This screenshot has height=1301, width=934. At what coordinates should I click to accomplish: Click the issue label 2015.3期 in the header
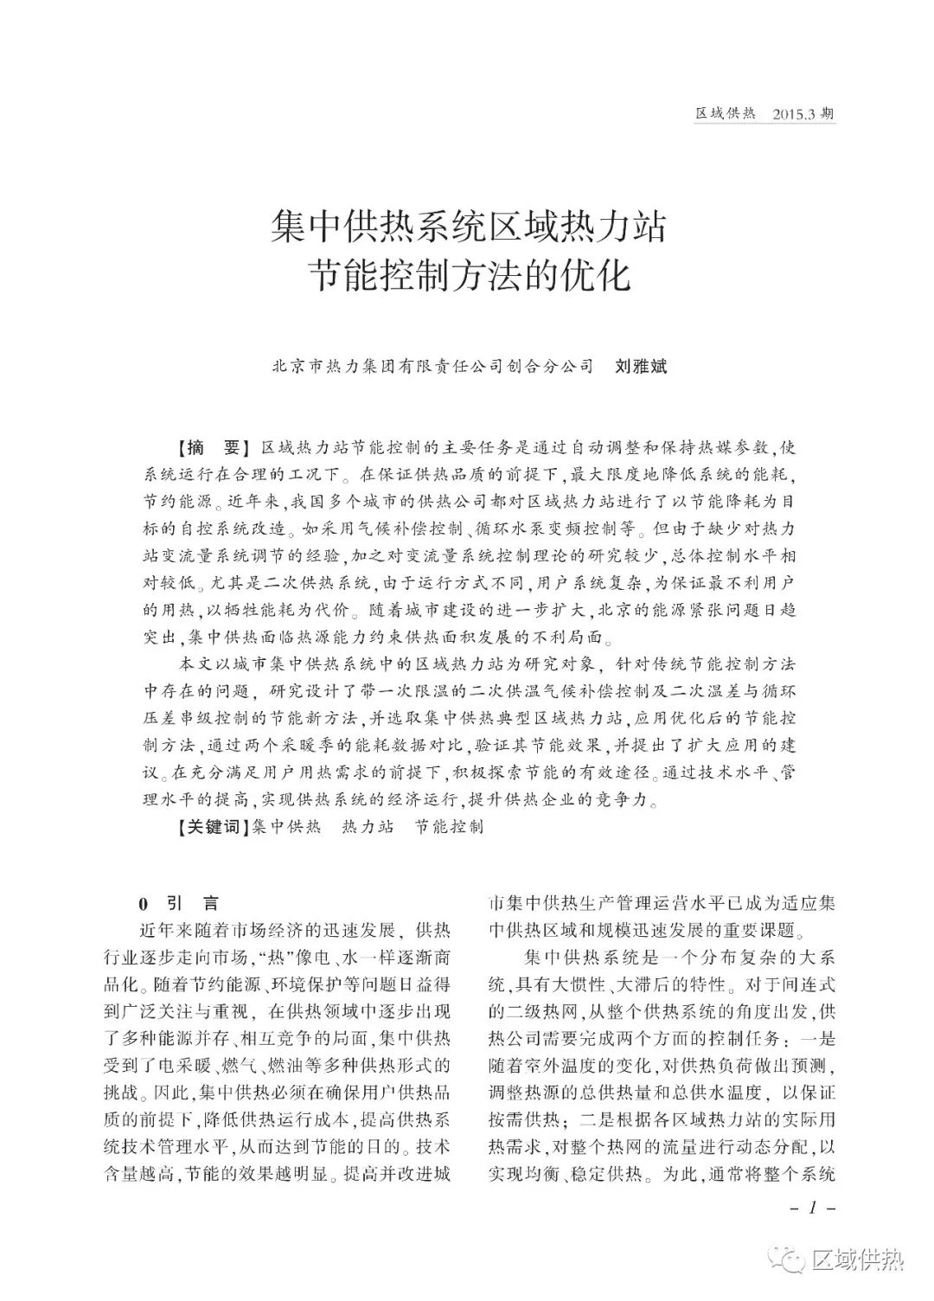point(804,114)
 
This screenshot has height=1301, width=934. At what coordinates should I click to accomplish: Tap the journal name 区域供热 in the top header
point(726,114)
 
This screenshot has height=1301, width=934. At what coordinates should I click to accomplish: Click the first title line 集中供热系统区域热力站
point(468,228)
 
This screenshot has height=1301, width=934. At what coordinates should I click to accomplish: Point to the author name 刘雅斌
point(641,366)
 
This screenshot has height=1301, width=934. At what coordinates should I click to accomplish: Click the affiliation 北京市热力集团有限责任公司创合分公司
point(433,366)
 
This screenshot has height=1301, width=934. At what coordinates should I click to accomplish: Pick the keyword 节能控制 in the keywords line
point(450,826)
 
